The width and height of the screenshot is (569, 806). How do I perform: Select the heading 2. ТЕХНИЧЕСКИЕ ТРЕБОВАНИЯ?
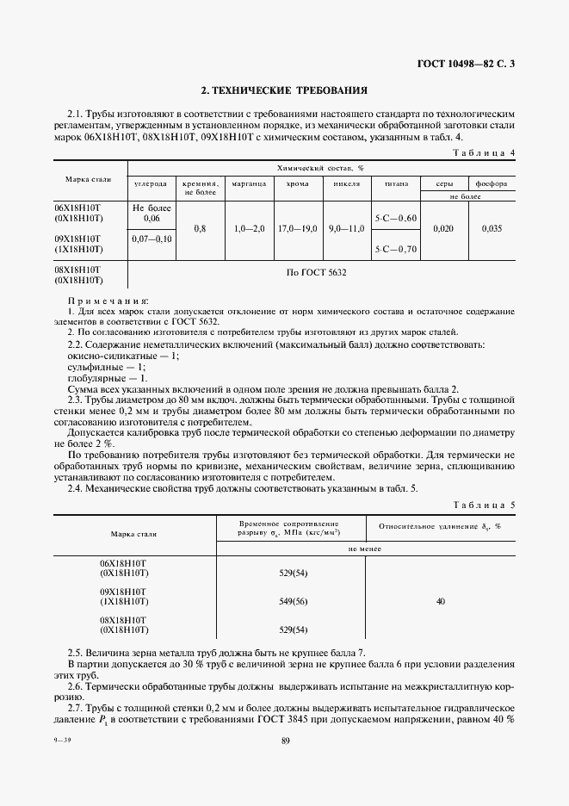pyautogui.click(x=284, y=90)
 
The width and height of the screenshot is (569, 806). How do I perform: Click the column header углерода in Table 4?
pyautogui.click(x=152, y=183)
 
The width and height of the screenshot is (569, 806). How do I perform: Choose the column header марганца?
pyautogui.click(x=250, y=183)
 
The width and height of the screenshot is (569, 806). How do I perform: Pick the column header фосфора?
pyautogui.click(x=492, y=183)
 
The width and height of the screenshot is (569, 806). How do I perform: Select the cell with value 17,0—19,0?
pyautogui.click(x=298, y=229)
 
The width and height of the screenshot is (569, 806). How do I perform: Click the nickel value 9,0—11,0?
pyautogui.click(x=347, y=229)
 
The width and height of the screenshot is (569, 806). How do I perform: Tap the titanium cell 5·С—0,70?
pyautogui.click(x=396, y=249)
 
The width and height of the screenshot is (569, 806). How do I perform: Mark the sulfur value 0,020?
pyautogui.click(x=442, y=229)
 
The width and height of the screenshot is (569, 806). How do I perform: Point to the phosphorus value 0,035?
pyautogui.click(x=492, y=229)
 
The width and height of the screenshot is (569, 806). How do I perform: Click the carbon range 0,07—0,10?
pyautogui.click(x=152, y=238)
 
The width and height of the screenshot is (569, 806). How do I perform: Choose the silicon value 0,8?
pyautogui.click(x=201, y=229)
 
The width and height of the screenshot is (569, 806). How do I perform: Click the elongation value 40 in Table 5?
pyautogui.click(x=440, y=602)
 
